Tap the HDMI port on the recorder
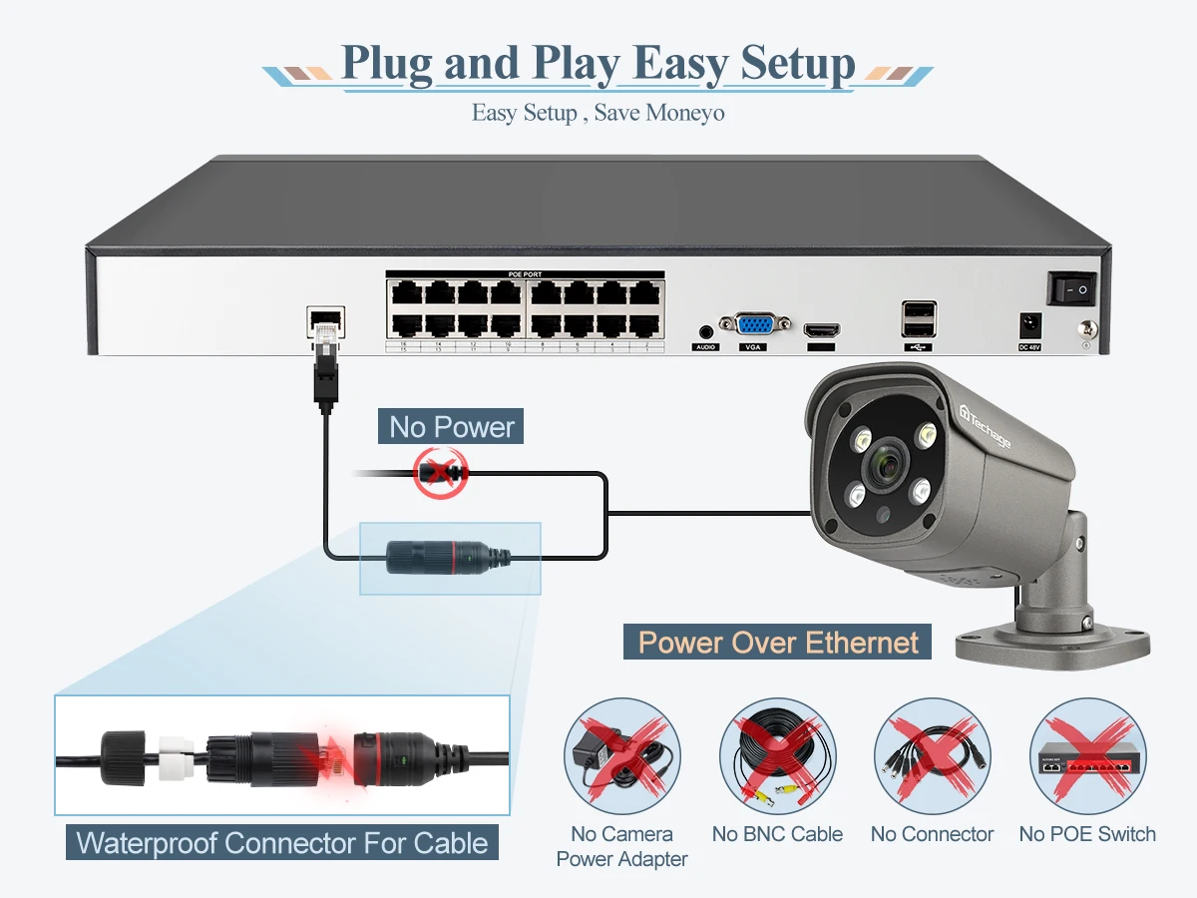823,329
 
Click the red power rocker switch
1071,288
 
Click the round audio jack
706,328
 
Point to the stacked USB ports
918,319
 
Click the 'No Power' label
451,427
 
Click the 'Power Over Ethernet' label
777,642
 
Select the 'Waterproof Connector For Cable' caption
282,842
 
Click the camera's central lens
884,460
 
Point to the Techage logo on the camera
985,426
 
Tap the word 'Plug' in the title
386,64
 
